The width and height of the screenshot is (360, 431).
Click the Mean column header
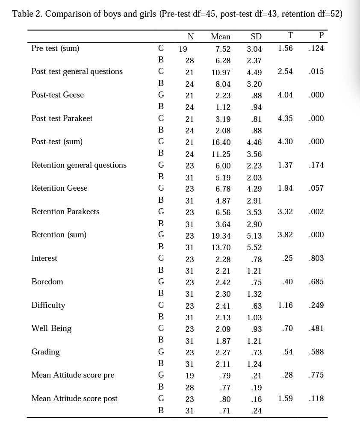221,37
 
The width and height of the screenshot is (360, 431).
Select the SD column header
256,37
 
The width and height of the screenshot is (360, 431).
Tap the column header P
321,35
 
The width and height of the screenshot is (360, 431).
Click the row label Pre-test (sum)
55,48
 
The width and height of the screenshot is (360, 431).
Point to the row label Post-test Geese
57,95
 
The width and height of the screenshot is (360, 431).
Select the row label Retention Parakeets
65,212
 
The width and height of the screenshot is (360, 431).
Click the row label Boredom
47,282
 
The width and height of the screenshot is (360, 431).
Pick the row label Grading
45,352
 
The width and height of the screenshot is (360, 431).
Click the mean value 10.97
221,72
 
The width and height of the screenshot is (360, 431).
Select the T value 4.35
285,118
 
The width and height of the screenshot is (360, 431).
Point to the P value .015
316,71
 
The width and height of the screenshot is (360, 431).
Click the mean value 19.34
221,236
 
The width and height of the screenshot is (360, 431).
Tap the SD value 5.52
254,247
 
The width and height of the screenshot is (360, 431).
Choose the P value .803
316,258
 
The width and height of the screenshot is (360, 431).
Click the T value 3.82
285,235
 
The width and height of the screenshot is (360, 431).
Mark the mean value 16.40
221,142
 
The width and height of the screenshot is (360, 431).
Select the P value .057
316,188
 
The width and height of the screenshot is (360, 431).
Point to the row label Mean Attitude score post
74,399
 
